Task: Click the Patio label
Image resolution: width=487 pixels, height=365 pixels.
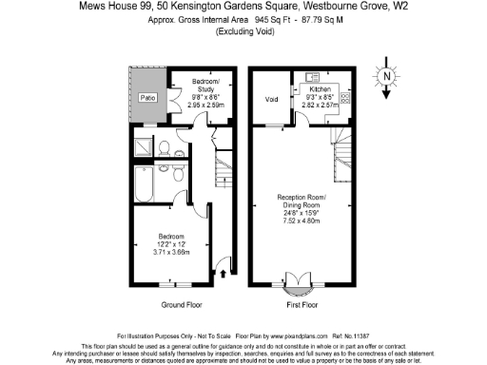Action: (x=146, y=98)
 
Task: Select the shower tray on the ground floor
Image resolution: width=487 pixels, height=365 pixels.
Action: (x=144, y=147)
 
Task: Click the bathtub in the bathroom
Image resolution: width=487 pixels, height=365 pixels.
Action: (x=147, y=188)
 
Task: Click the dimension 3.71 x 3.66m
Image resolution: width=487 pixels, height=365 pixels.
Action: (x=172, y=252)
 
